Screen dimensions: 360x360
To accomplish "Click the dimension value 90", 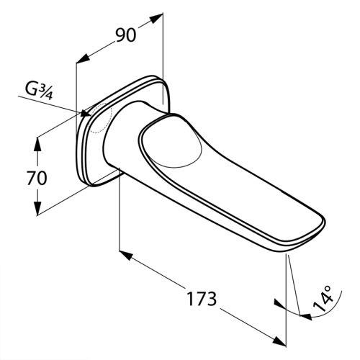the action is click(x=126, y=35).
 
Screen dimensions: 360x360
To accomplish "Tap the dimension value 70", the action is click(x=37, y=178).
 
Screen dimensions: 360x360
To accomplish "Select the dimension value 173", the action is click(x=202, y=299).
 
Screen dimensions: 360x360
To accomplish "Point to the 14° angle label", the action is click(x=323, y=298).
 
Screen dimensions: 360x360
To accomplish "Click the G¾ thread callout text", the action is click(x=38, y=92).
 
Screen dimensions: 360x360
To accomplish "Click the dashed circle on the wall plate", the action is click(x=100, y=118).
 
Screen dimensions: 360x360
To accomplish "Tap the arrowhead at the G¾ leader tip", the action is click(x=86, y=113).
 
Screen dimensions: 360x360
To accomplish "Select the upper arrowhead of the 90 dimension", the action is click(x=157, y=19).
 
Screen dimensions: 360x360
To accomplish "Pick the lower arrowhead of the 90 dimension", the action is click(x=82, y=59).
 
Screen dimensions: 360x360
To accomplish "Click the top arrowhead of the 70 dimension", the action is click(x=37, y=144).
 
